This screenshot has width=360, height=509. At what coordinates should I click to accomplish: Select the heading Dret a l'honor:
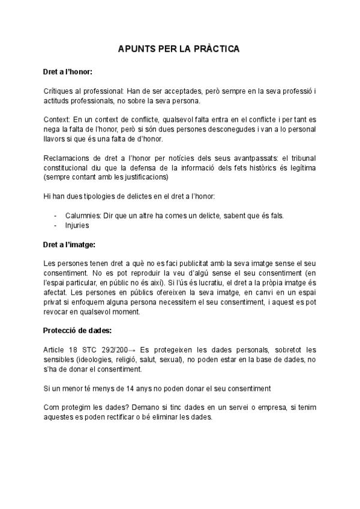tap(68, 71)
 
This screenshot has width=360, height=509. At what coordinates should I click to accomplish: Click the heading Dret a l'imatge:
tap(70, 245)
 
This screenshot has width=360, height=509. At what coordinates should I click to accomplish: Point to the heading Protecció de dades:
tap(76, 331)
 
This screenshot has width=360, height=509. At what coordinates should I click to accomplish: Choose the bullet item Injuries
tap(76, 226)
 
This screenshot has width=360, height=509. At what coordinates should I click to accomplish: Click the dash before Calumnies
tap(56, 215)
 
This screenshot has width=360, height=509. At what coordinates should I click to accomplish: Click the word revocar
tap(59, 312)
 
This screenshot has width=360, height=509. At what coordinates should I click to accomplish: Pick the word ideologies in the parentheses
tap(95, 360)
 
